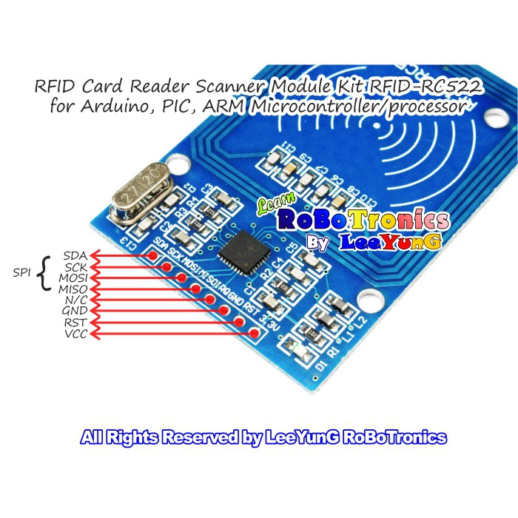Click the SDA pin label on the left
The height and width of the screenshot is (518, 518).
coord(75,256)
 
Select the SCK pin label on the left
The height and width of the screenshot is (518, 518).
coord(75,266)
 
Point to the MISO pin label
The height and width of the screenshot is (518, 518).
coord(73,289)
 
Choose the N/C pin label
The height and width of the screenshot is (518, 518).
coord(75,300)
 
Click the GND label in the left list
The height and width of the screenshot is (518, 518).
coord(75,312)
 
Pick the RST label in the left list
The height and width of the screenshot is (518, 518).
coord(75,323)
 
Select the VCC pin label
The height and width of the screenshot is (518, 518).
coord(75,334)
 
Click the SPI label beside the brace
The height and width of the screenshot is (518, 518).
coord(22,272)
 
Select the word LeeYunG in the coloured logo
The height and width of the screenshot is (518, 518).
coord(390,241)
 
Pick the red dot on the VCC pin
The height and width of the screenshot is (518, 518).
coord(255,334)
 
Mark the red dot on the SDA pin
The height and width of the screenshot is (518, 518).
coord(152,256)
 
